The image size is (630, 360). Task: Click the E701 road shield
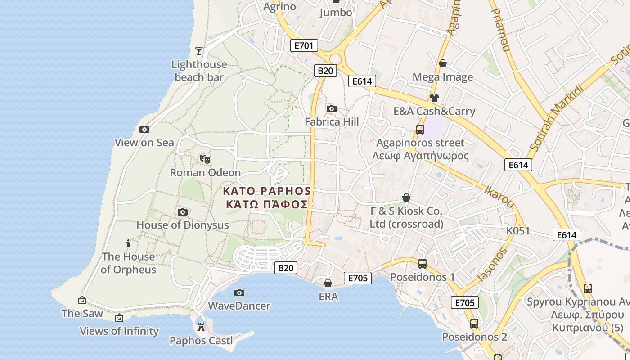tap(305, 45)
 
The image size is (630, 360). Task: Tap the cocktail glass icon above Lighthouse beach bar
tap(199, 51)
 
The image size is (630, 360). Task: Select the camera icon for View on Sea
tap(144, 129)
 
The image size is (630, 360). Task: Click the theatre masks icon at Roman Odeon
tap(205, 159)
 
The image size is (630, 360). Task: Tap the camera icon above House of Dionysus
tap(183, 212)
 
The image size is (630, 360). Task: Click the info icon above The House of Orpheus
tap(128, 243)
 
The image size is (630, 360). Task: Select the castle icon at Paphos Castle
tap(201, 327)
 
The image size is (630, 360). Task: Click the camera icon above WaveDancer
tap(239, 292)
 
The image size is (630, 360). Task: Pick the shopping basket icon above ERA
tap(328, 283)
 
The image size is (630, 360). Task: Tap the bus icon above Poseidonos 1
tap(423, 264)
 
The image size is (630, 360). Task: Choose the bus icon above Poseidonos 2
tap(474, 323)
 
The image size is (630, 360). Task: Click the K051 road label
tap(518, 231)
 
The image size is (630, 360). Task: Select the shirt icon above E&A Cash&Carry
tap(434, 98)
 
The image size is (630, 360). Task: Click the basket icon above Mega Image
tap(443, 63)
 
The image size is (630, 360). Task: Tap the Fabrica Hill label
tap(332, 121)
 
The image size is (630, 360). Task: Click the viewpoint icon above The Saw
tap(82, 300)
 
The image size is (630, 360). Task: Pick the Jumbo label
tap(336, 12)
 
